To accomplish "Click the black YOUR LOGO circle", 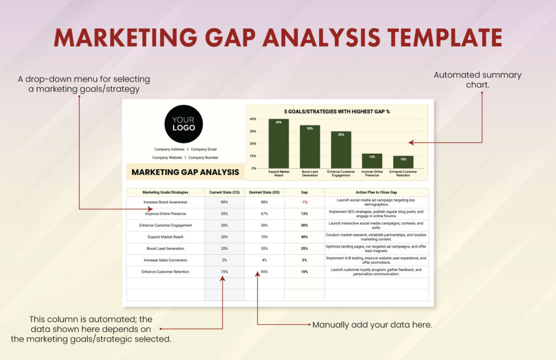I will coord(184,124).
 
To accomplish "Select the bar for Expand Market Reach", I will coord(279,144).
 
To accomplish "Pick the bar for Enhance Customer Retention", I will coord(403,162).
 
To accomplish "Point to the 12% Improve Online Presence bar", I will coord(372,161).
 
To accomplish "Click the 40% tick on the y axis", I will coord(252,119).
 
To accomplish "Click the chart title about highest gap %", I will coord(337,111).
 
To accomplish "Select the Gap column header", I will coord(304,192).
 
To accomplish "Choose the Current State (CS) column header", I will coord(224,192).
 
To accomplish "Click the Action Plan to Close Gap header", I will coord(376,192).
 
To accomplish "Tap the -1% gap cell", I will coord(304,202).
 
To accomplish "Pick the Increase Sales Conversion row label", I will coord(165,260).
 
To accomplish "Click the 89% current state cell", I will coord(224,202).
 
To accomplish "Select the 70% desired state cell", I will coord(264,237).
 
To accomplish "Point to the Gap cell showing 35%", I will coord(304,248).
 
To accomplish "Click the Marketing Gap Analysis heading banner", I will coord(185,172).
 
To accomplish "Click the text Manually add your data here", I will coord(372,325).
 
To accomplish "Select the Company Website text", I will coord(167,157).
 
